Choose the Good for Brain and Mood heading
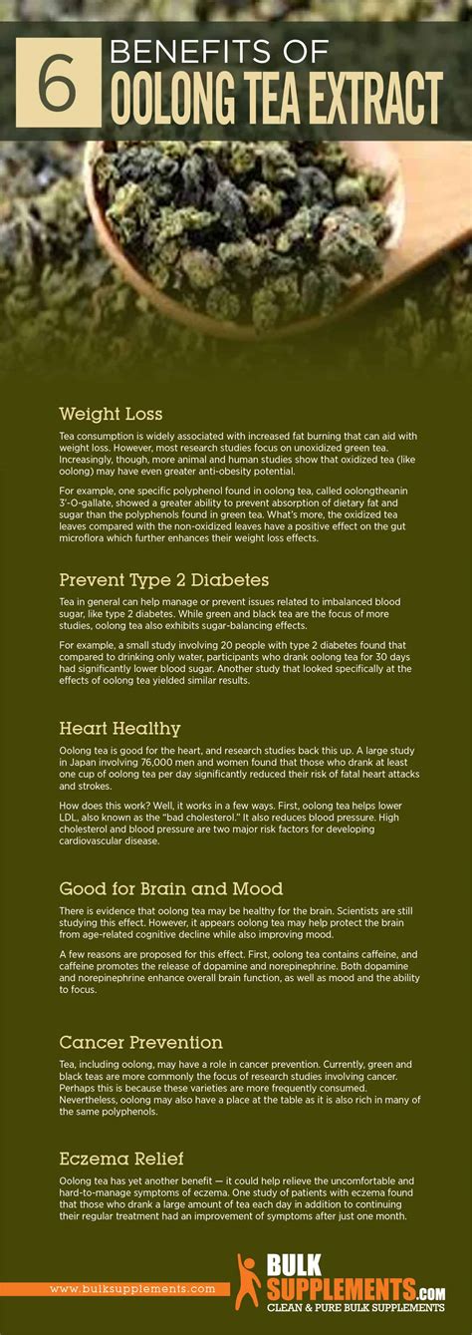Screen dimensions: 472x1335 [170, 888]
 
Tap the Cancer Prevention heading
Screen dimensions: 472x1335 [140, 1043]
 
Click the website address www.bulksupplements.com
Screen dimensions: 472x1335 [132, 1289]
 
